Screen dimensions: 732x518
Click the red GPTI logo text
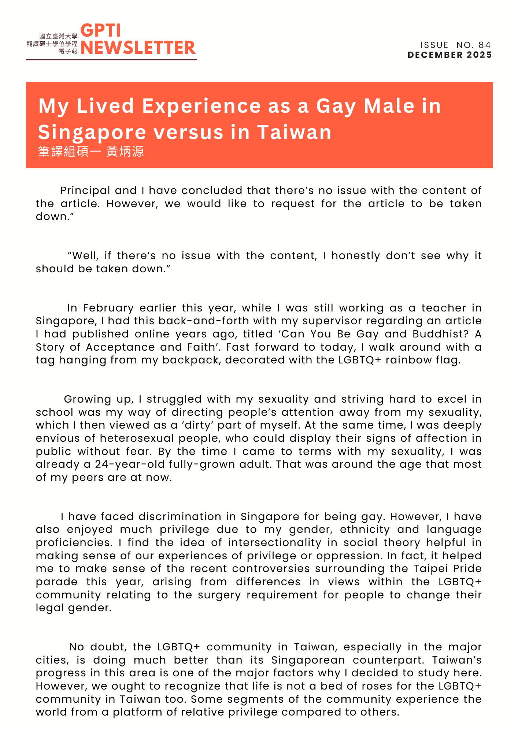(x=100, y=31)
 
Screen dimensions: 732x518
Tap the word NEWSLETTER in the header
(x=138, y=48)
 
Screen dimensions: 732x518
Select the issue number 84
(x=484, y=45)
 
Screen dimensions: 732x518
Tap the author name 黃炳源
(x=125, y=152)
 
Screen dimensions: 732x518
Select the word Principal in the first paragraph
(x=85, y=191)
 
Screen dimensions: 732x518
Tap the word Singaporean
(x=308, y=660)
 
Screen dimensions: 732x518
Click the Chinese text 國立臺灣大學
(x=58, y=36)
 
